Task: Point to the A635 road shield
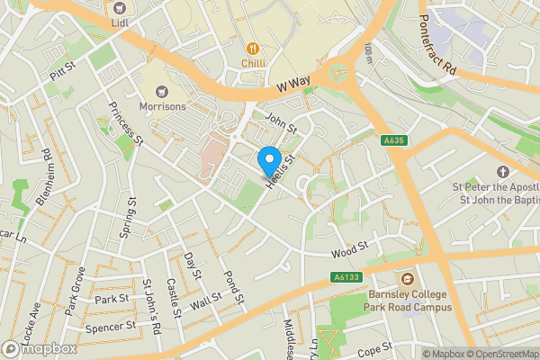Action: (393, 139)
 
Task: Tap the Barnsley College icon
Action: (408, 279)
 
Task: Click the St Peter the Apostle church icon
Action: (502, 171)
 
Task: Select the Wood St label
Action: (349, 247)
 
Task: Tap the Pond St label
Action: (233, 287)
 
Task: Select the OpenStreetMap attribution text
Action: (500, 354)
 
